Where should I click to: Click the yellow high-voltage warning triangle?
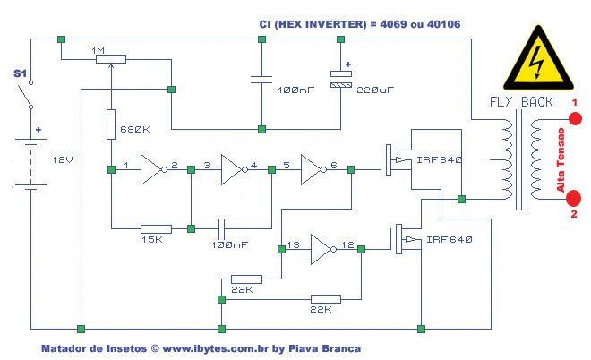coord(538,63)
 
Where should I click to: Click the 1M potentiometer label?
coord(101,50)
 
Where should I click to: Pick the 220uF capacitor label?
coord(374,91)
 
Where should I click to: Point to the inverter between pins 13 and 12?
coord(322,251)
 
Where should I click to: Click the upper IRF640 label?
coord(438,159)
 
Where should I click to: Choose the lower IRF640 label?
coord(450,240)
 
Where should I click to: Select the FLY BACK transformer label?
coord(520,102)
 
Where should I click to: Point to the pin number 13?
coord(293,244)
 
